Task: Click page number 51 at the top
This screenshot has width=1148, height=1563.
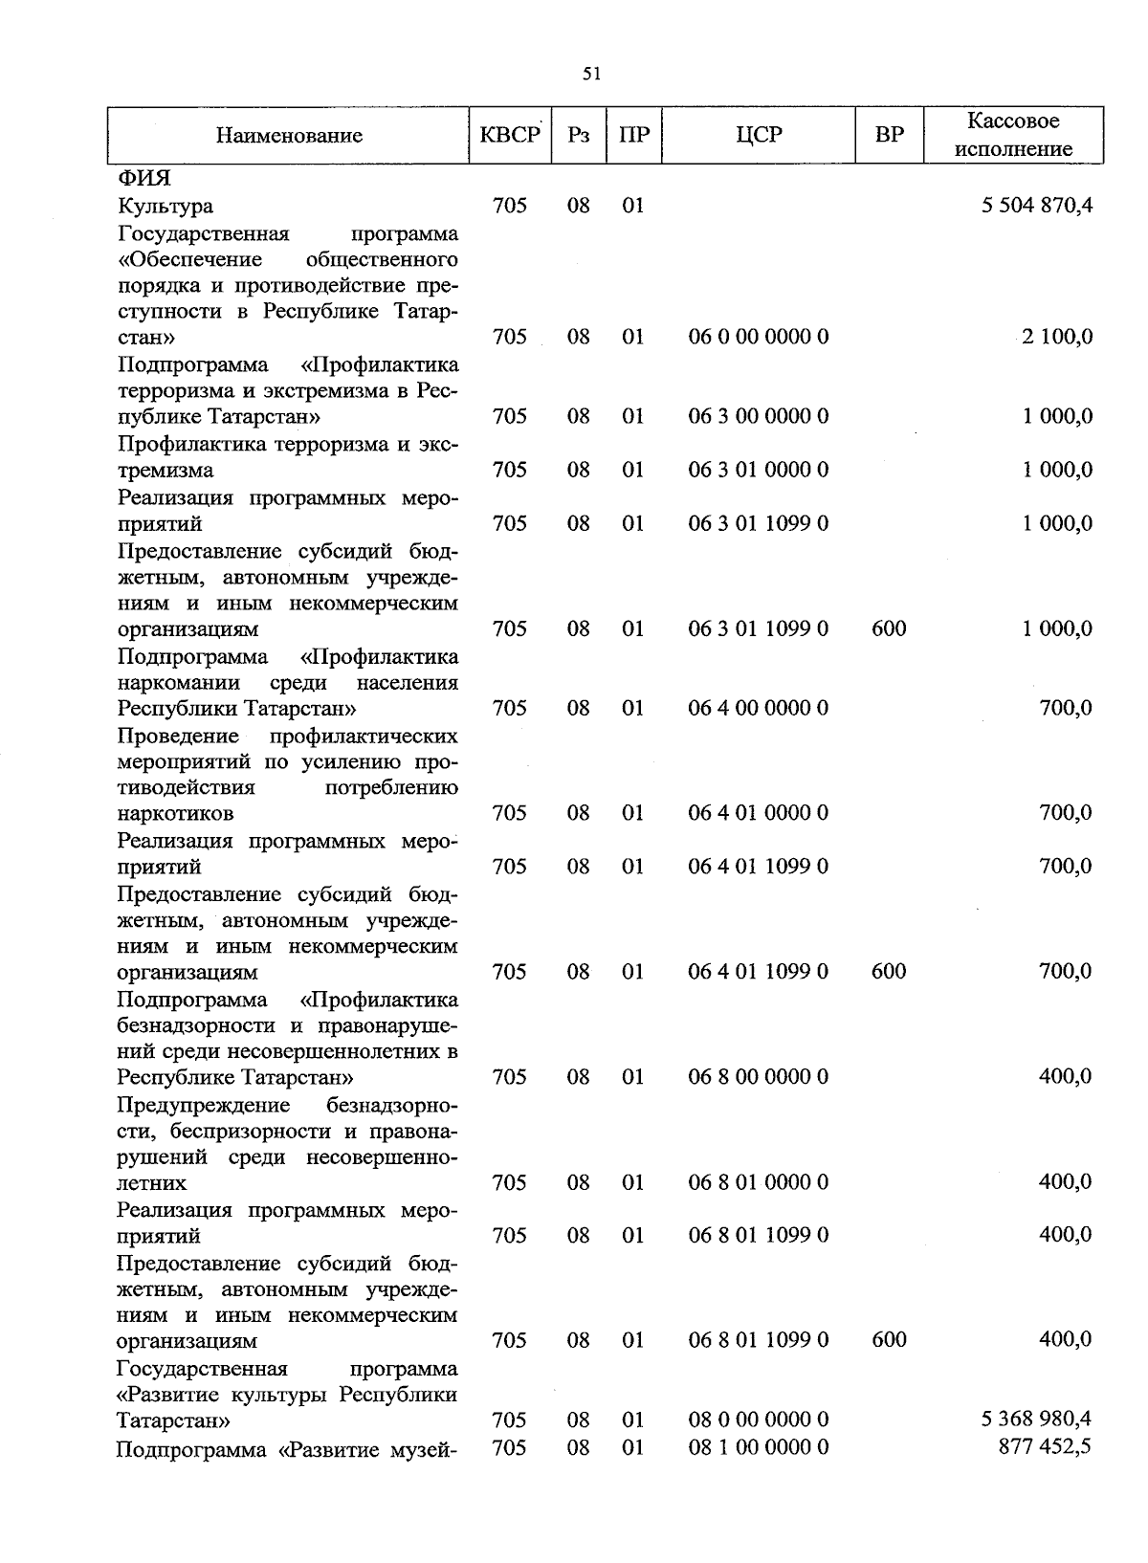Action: tap(591, 75)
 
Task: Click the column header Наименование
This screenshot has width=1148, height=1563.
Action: tap(289, 136)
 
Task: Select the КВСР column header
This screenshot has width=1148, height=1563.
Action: tap(510, 135)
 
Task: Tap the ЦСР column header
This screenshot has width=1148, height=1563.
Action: tap(759, 135)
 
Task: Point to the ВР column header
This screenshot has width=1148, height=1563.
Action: tap(890, 135)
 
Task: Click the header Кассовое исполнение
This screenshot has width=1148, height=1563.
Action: tap(1013, 135)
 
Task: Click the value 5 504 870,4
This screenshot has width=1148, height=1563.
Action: tap(1037, 206)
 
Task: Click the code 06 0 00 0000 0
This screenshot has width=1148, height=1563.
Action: tap(759, 337)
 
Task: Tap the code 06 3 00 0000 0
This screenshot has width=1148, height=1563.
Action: tap(759, 416)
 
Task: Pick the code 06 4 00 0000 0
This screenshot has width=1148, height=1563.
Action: tap(759, 708)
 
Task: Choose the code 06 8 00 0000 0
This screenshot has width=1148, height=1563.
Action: tap(759, 1077)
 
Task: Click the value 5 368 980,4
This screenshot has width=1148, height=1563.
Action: tap(1037, 1419)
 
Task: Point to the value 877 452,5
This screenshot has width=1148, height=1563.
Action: tap(1045, 1447)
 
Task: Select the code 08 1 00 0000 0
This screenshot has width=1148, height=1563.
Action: tap(759, 1447)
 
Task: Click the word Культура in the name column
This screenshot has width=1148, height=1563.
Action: tap(166, 206)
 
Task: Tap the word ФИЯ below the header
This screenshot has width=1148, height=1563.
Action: tap(143, 179)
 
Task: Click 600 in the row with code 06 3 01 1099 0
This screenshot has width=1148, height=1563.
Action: tap(890, 628)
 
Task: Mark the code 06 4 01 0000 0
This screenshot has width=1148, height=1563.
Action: tap(759, 813)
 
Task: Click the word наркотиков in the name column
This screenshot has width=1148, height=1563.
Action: tap(175, 814)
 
